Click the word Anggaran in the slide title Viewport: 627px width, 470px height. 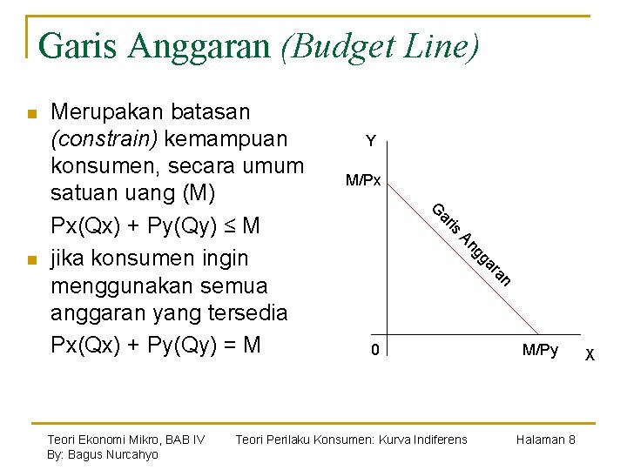tap(199, 45)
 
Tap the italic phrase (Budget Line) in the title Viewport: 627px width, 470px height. tap(380, 45)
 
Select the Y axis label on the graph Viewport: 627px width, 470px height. tap(371, 141)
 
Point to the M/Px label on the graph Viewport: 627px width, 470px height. tap(363, 181)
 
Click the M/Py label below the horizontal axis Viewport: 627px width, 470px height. tap(540, 350)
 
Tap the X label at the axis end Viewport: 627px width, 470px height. tap(590, 354)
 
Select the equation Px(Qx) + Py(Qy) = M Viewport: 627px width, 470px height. tap(156, 345)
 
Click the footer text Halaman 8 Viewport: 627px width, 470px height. tap(544, 440)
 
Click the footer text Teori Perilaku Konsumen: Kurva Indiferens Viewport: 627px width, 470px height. tap(351, 440)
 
